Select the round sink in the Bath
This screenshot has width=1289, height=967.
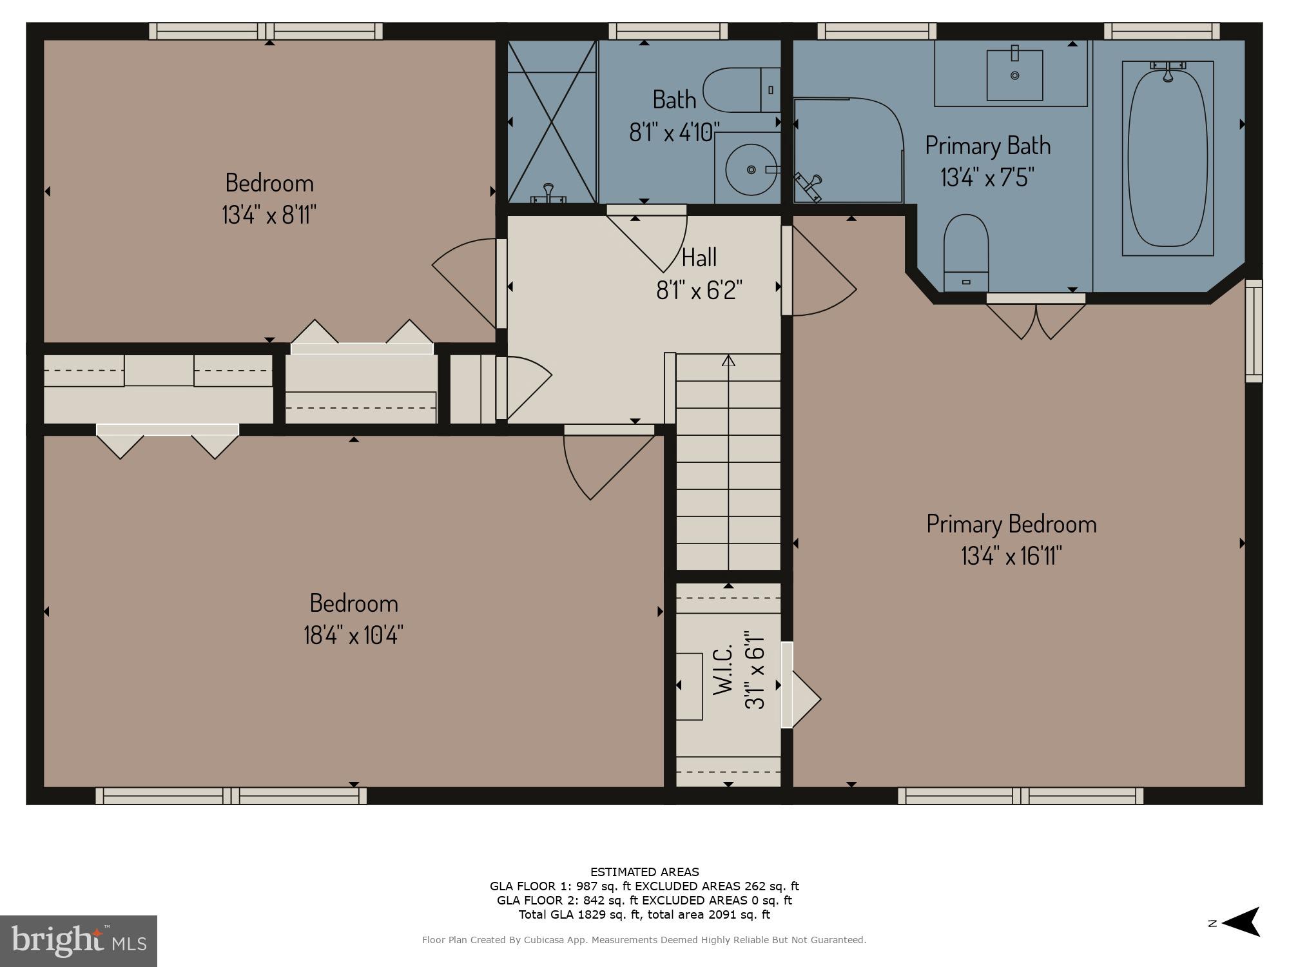click(x=751, y=170)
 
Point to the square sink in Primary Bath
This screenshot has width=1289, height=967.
click(x=1014, y=75)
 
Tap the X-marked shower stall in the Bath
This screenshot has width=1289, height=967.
click(x=552, y=122)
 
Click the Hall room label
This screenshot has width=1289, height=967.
click(x=699, y=258)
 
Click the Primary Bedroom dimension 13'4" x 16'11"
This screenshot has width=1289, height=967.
click(x=1011, y=555)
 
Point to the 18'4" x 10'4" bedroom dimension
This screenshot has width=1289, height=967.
click(x=353, y=635)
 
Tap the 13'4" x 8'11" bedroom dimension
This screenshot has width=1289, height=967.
click(x=269, y=214)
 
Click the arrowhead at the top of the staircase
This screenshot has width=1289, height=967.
click(x=728, y=360)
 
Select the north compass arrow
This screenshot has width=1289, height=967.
click(x=1240, y=923)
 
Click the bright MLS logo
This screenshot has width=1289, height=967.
click(x=79, y=941)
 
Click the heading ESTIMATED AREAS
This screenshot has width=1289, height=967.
click(x=644, y=872)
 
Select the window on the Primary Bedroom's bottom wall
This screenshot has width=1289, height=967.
click(x=1020, y=796)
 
